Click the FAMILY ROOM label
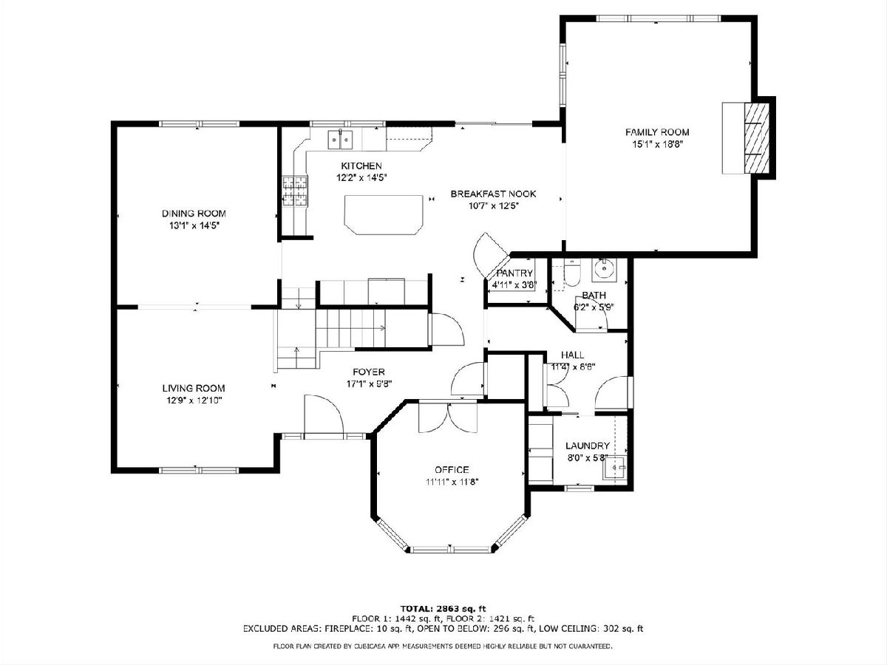657,132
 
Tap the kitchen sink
339,140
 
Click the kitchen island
384,214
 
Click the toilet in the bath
572,273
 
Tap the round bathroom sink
605,269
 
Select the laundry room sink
614,468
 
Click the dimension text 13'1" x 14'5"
194,225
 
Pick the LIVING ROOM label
194,389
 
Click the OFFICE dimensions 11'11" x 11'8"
452,482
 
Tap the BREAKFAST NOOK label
494,194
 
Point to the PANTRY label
514,273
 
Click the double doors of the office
448,417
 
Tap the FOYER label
369,372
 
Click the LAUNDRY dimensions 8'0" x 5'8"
587,458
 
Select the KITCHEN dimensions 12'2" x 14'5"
361,178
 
